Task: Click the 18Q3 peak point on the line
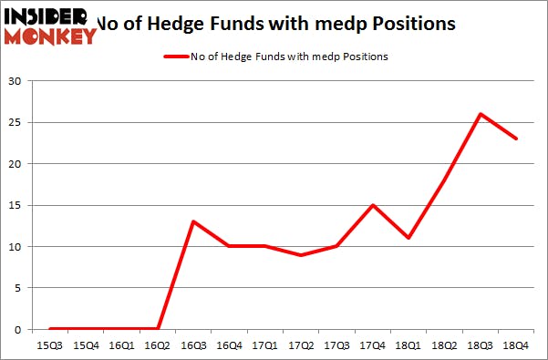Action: (x=480, y=114)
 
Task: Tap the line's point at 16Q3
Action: (x=193, y=221)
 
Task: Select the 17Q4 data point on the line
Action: (x=373, y=205)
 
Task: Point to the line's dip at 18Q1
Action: (x=408, y=238)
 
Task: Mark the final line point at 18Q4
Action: (x=516, y=139)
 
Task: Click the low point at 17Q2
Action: (x=301, y=254)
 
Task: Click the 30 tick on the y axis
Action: (x=15, y=81)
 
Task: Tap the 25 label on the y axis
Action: (x=15, y=122)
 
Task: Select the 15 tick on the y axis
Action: (x=15, y=205)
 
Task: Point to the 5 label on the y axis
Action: (x=17, y=288)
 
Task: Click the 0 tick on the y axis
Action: (x=17, y=329)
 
